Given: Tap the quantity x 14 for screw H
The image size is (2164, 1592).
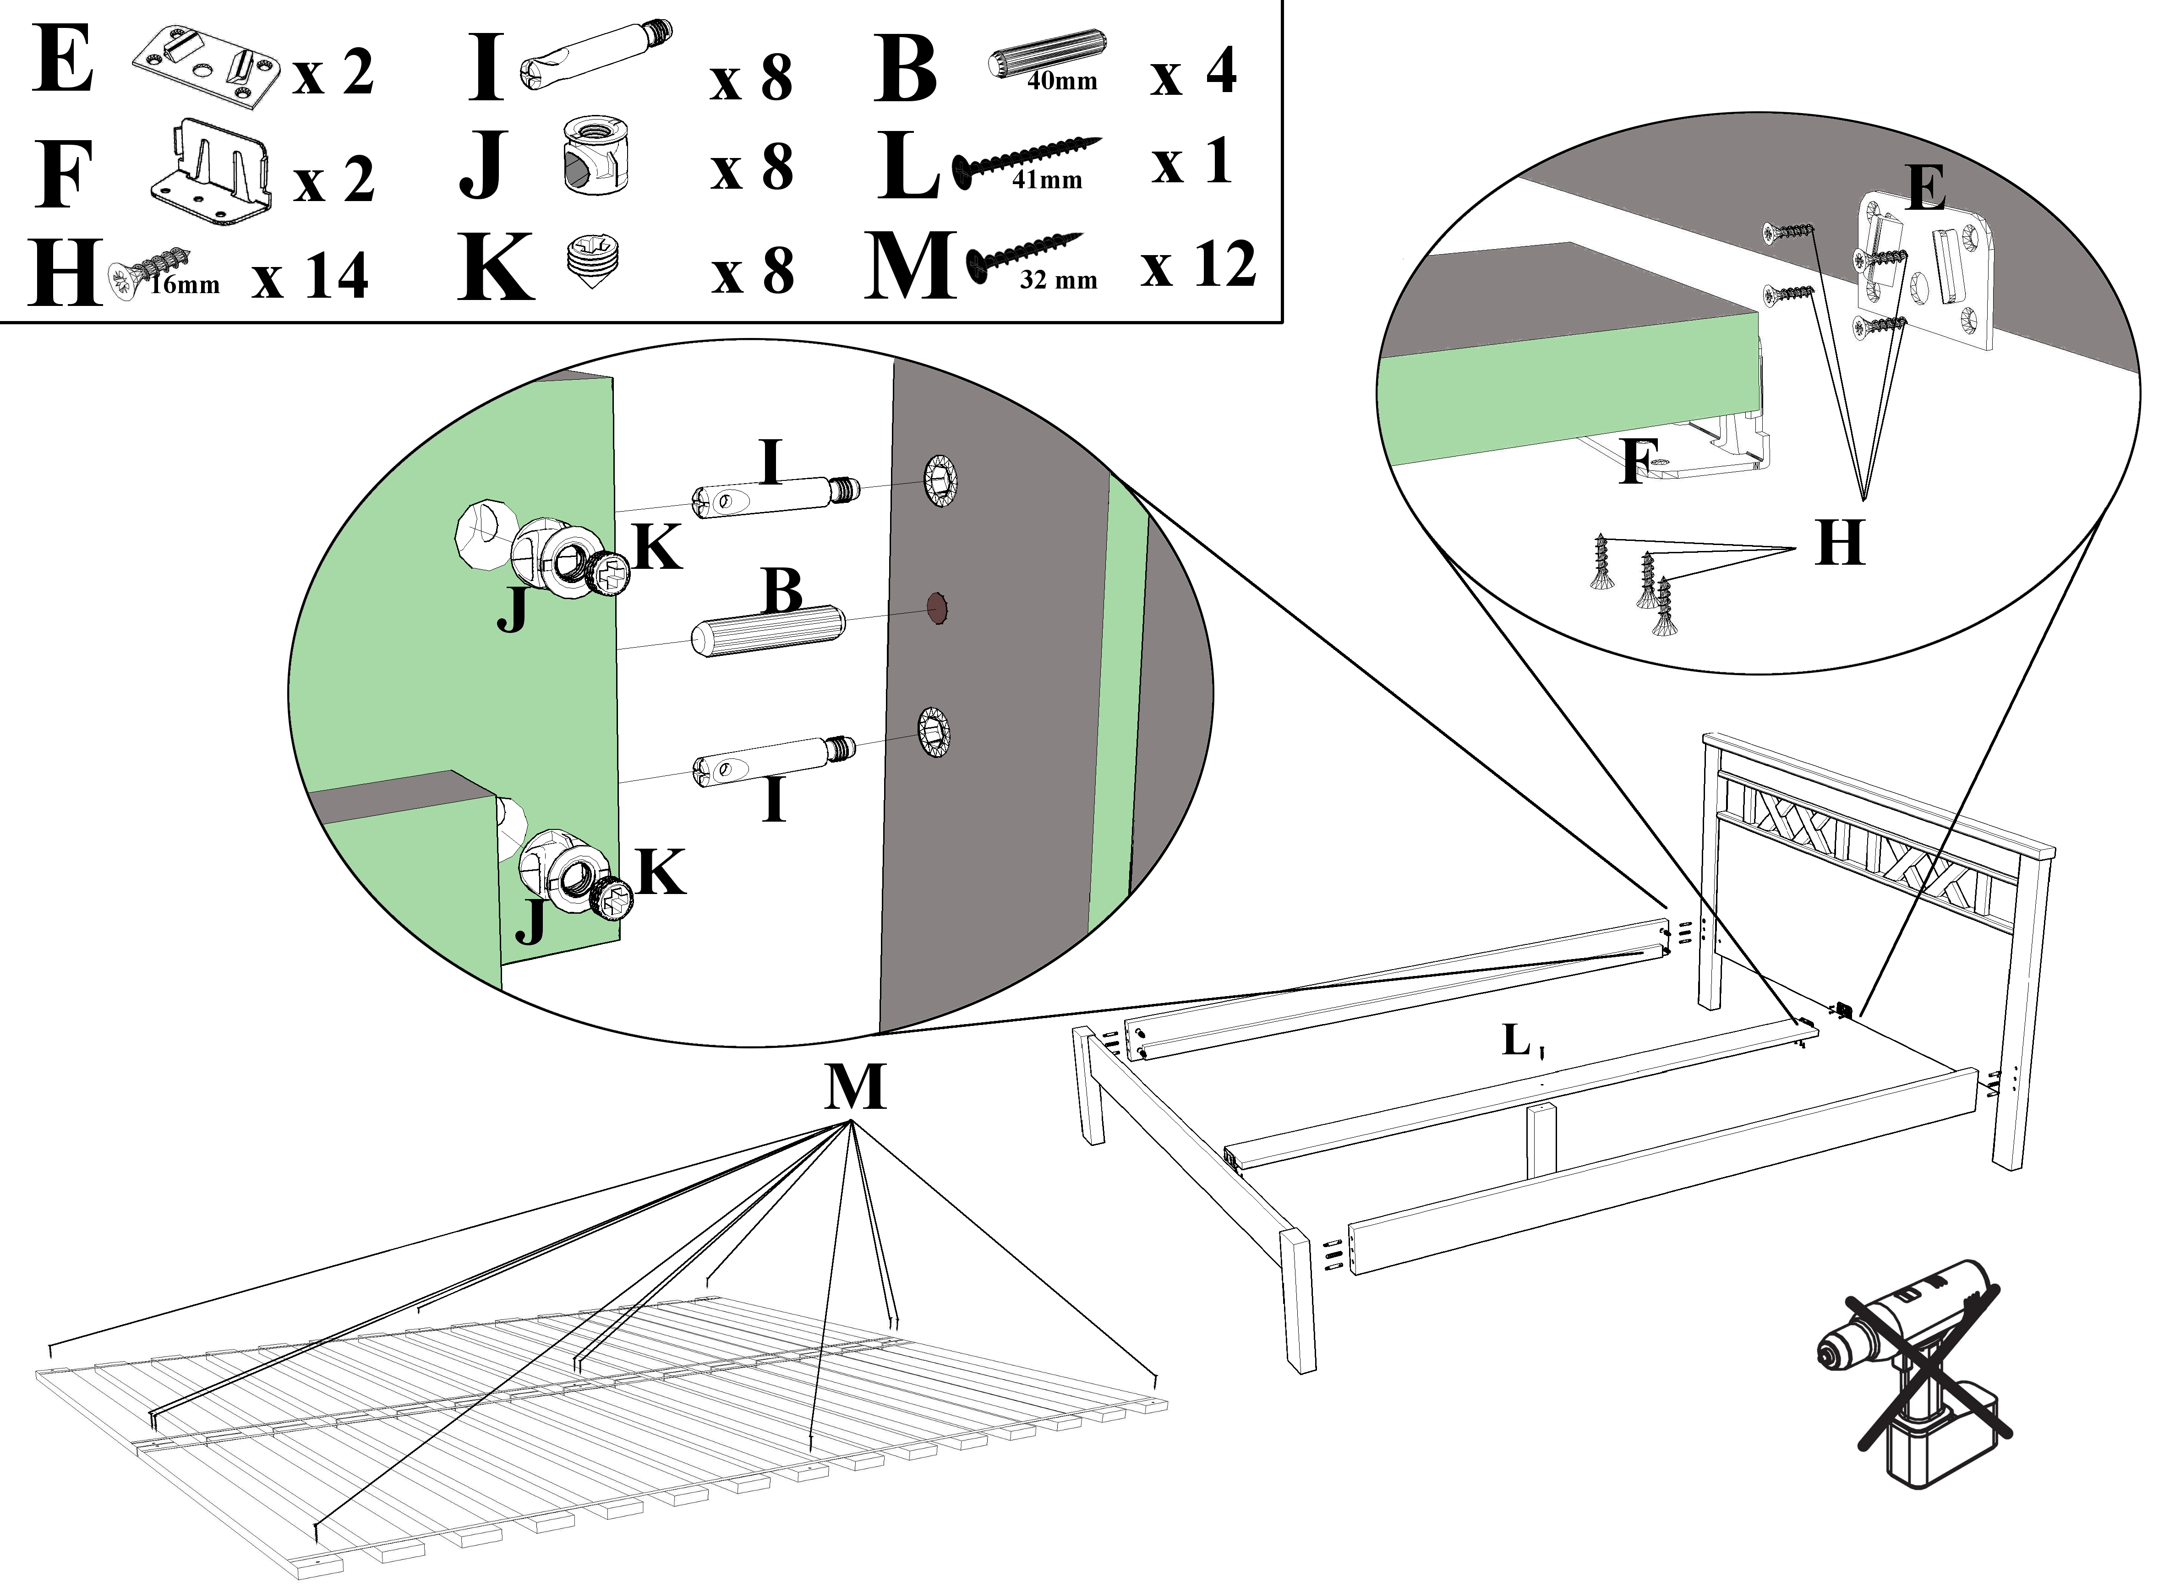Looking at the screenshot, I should tap(311, 277).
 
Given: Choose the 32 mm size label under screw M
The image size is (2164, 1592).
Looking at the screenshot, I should tap(1058, 280).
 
